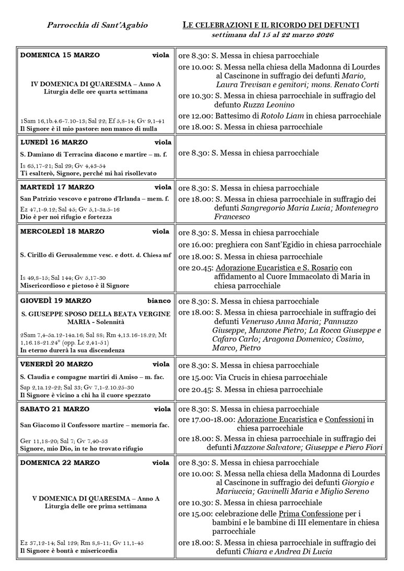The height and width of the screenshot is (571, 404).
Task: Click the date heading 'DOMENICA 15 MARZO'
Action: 60,55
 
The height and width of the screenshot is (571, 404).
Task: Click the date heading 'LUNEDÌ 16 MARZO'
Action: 54,142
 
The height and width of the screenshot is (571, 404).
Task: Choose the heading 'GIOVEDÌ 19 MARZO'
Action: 55,301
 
